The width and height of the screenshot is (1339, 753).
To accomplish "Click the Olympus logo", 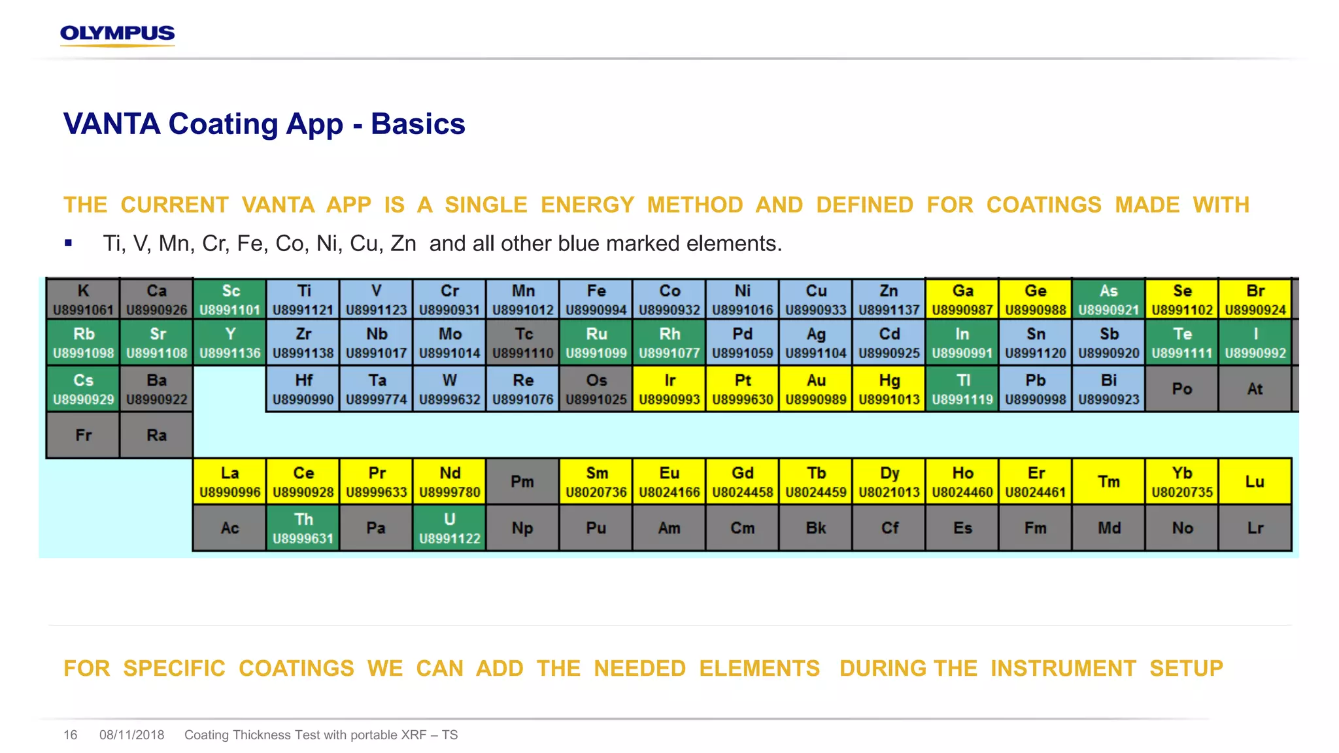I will (118, 35).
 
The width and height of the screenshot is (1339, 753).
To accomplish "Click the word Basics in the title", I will (418, 124).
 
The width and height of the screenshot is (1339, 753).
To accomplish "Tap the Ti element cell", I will (303, 299).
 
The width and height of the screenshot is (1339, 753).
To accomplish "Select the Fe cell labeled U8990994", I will (596, 299).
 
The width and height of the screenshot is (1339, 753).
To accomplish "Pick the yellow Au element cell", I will (816, 389).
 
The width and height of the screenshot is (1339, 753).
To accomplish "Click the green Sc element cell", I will (230, 299).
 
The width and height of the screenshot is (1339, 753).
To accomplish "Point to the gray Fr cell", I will (83, 435).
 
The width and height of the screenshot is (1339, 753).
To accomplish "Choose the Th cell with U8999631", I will (303, 528).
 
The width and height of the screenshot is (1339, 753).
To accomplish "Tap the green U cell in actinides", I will (450, 528).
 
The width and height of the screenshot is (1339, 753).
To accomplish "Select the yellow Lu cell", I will (1255, 482).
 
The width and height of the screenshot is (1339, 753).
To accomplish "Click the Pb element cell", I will (1036, 389).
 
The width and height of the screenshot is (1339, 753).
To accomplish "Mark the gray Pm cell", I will (522, 482).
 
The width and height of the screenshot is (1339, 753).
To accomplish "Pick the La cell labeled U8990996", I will (230, 482).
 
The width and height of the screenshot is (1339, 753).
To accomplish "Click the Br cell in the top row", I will (1255, 299).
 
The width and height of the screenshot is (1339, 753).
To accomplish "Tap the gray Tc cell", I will (523, 343).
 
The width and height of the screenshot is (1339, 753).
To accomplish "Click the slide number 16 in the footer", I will (71, 735).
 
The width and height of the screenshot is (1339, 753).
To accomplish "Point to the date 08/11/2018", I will (131, 735).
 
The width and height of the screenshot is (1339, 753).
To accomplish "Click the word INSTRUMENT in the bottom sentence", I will (1063, 669).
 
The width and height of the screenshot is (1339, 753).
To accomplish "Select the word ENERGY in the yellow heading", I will (587, 205).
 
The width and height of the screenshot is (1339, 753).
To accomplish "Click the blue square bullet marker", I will (69, 243).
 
